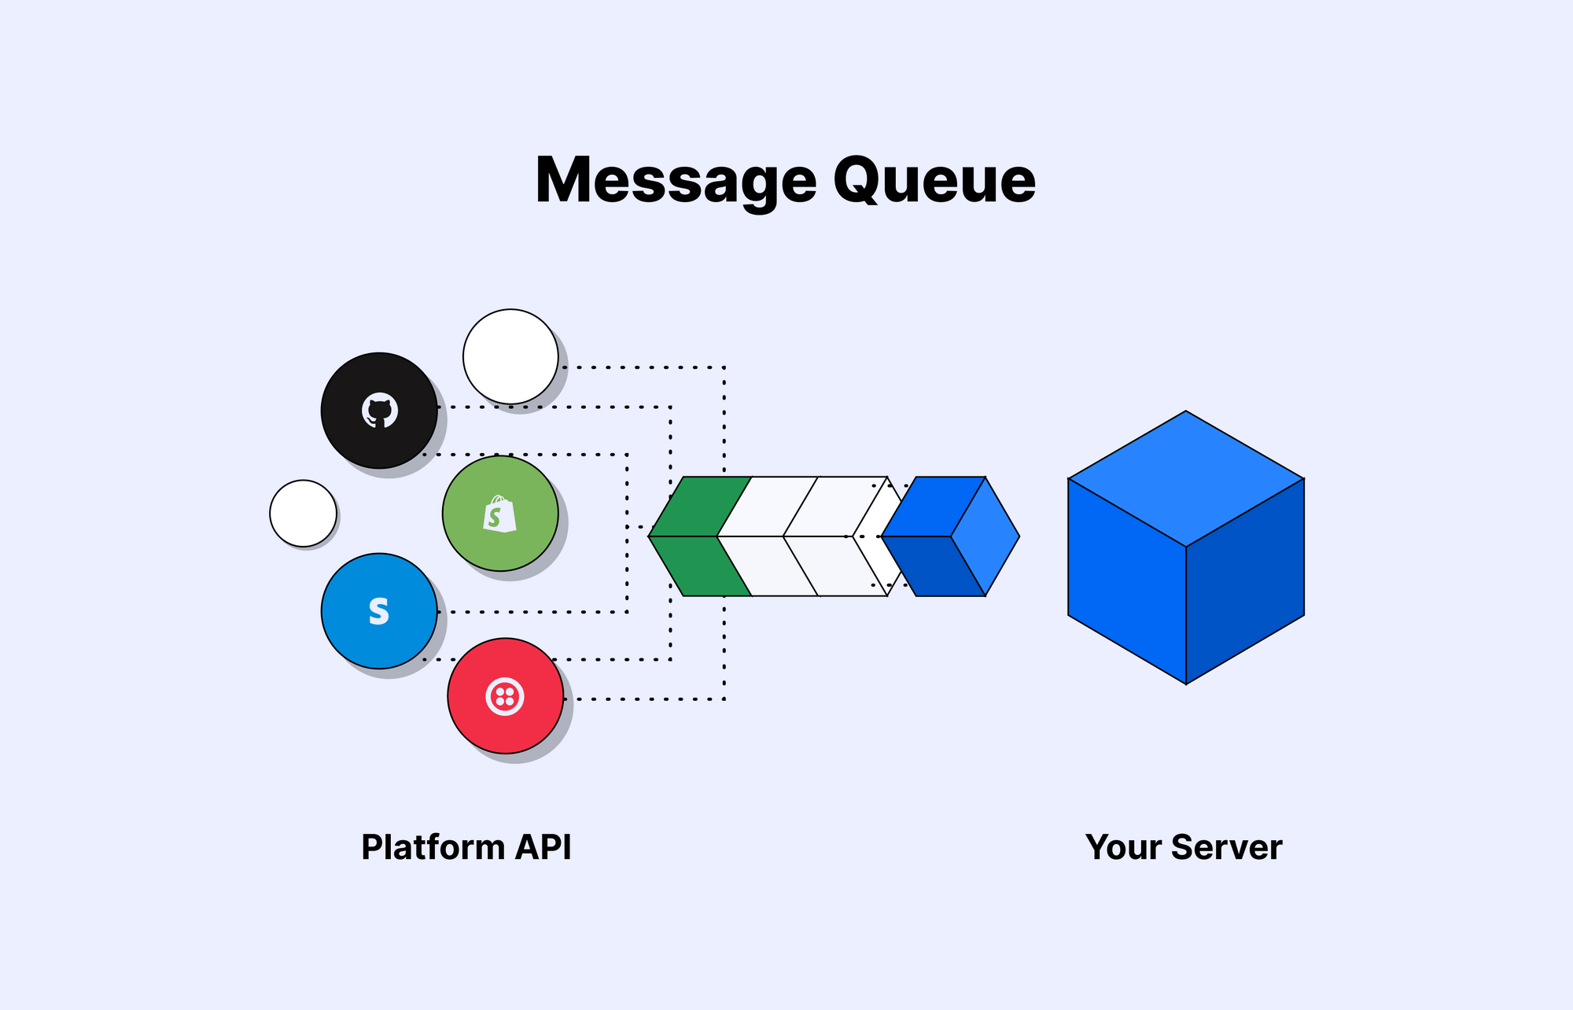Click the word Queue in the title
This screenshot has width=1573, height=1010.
pos(934,181)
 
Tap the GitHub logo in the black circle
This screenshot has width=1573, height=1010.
pos(380,411)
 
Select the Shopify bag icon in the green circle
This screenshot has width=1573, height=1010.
pos(499,514)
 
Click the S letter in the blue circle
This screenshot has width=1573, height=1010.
pos(379,611)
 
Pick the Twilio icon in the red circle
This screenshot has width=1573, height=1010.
pos(505,696)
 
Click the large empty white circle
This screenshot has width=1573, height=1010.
pos(510,356)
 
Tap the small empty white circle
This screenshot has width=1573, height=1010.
pos(303,514)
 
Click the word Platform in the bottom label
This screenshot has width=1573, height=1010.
pos(433,847)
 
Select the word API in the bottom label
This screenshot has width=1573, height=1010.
pos(543,847)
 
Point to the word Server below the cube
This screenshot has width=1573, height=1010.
pos(1226,847)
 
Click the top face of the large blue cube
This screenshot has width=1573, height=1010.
pos(1186,477)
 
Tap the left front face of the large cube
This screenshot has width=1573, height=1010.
pos(1126,582)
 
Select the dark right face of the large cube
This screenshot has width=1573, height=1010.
pos(1246,582)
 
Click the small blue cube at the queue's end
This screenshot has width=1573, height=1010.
pos(950,536)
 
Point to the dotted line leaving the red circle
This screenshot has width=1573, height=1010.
pos(645,699)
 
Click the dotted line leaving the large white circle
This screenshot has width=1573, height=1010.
pos(645,367)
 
